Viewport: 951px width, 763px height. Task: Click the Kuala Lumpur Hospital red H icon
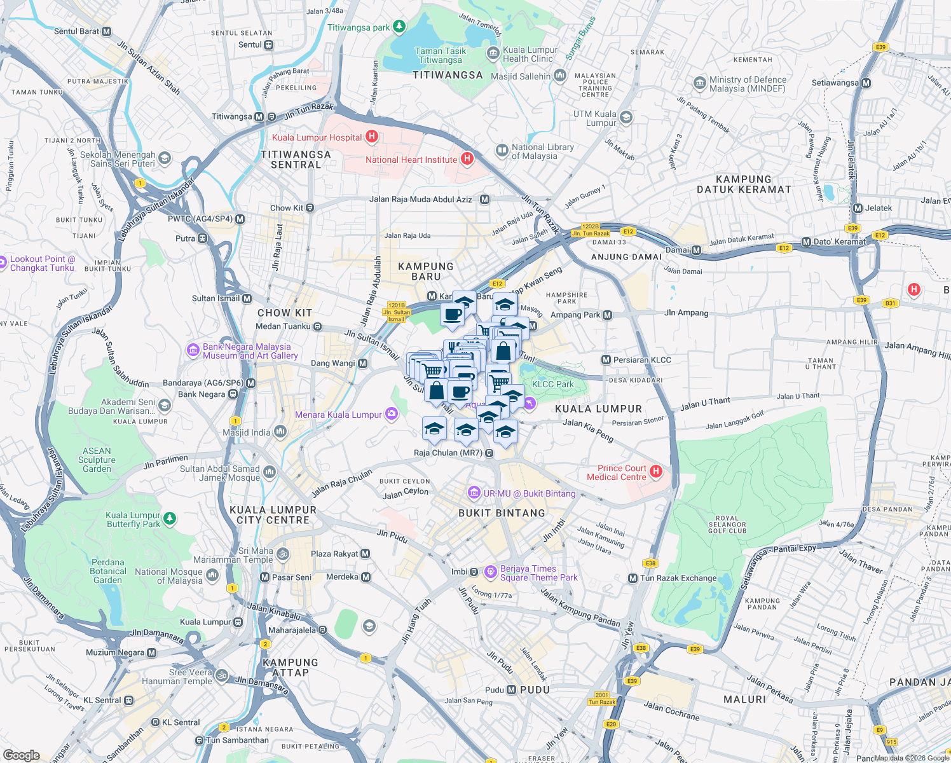tap(373, 137)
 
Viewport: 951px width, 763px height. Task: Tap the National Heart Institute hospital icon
tap(467, 159)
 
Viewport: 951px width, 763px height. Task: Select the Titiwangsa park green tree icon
tap(399, 27)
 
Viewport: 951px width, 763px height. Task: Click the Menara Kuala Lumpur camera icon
tap(392, 415)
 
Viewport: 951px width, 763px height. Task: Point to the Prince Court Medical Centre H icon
tap(656, 472)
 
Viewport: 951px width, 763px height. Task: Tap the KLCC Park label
tap(552, 384)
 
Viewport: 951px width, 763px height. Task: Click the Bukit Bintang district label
tap(502, 513)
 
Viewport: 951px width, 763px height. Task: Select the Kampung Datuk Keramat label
tap(744, 184)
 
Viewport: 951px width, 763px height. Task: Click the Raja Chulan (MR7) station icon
tap(489, 453)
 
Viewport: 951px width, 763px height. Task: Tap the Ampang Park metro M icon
tap(608, 315)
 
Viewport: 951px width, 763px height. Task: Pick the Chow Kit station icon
tap(310, 208)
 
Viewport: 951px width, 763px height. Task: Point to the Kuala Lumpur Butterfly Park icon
tap(170, 519)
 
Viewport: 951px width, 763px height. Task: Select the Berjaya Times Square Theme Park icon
tap(490, 572)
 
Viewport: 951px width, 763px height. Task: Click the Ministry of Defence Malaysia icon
tap(700, 83)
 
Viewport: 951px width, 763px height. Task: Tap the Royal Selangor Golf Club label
tap(727, 525)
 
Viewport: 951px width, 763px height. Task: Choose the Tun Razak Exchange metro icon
tap(633, 578)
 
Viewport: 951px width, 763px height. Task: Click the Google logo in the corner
tap(22, 755)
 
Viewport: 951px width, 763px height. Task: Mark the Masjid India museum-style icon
tap(280, 432)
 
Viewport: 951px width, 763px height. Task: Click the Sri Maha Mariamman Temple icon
tap(283, 554)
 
